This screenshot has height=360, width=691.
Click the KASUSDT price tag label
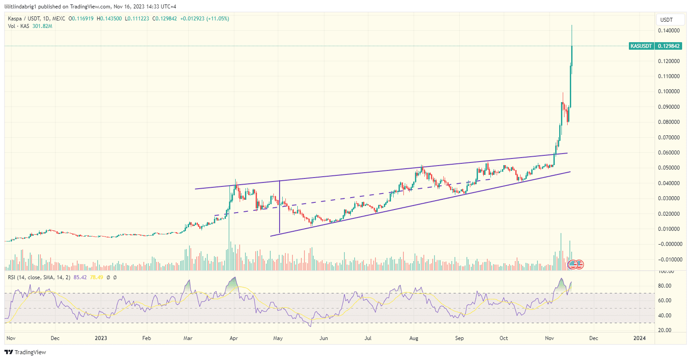[641, 46]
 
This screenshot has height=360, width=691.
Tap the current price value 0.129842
[670, 46]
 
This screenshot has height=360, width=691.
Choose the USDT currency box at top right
[666, 20]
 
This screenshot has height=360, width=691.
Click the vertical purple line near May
[279, 206]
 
